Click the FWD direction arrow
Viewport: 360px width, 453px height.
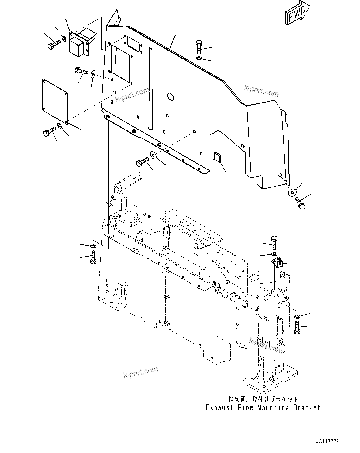296,13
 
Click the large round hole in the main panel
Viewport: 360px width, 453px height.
170,96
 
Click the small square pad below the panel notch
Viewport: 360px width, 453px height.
217,157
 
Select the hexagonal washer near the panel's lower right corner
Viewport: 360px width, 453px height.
292,192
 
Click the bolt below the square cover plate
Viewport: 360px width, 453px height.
49,134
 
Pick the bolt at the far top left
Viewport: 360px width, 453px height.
53,45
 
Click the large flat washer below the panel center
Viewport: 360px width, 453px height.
153,155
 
